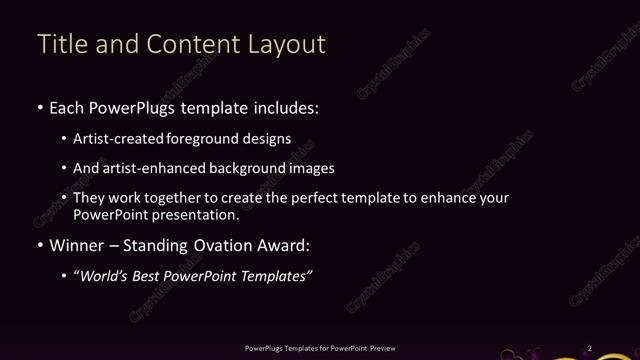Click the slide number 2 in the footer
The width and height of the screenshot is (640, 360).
(590, 348)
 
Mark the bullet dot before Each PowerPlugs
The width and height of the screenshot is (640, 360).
(39, 108)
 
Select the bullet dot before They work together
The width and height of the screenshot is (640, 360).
(65, 198)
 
